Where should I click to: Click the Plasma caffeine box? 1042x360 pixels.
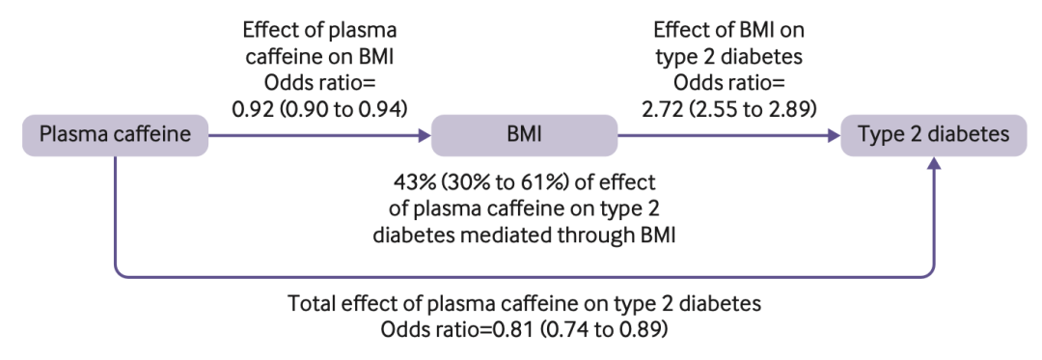coord(115,135)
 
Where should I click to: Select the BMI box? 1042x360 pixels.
coord(524,135)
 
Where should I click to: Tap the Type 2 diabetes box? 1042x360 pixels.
coord(934,135)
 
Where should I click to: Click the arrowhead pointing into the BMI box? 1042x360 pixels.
coord(425,136)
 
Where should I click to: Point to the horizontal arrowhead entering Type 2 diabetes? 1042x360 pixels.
coord(835,136)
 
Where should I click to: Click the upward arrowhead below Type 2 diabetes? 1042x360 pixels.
coord(934,163)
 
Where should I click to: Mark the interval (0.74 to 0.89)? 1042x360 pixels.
coord(603,329)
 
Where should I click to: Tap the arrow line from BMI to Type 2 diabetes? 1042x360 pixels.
coord(724,136)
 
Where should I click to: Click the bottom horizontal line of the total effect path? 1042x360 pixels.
coord(525,276)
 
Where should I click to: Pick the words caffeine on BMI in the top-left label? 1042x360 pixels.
coord(319,57)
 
